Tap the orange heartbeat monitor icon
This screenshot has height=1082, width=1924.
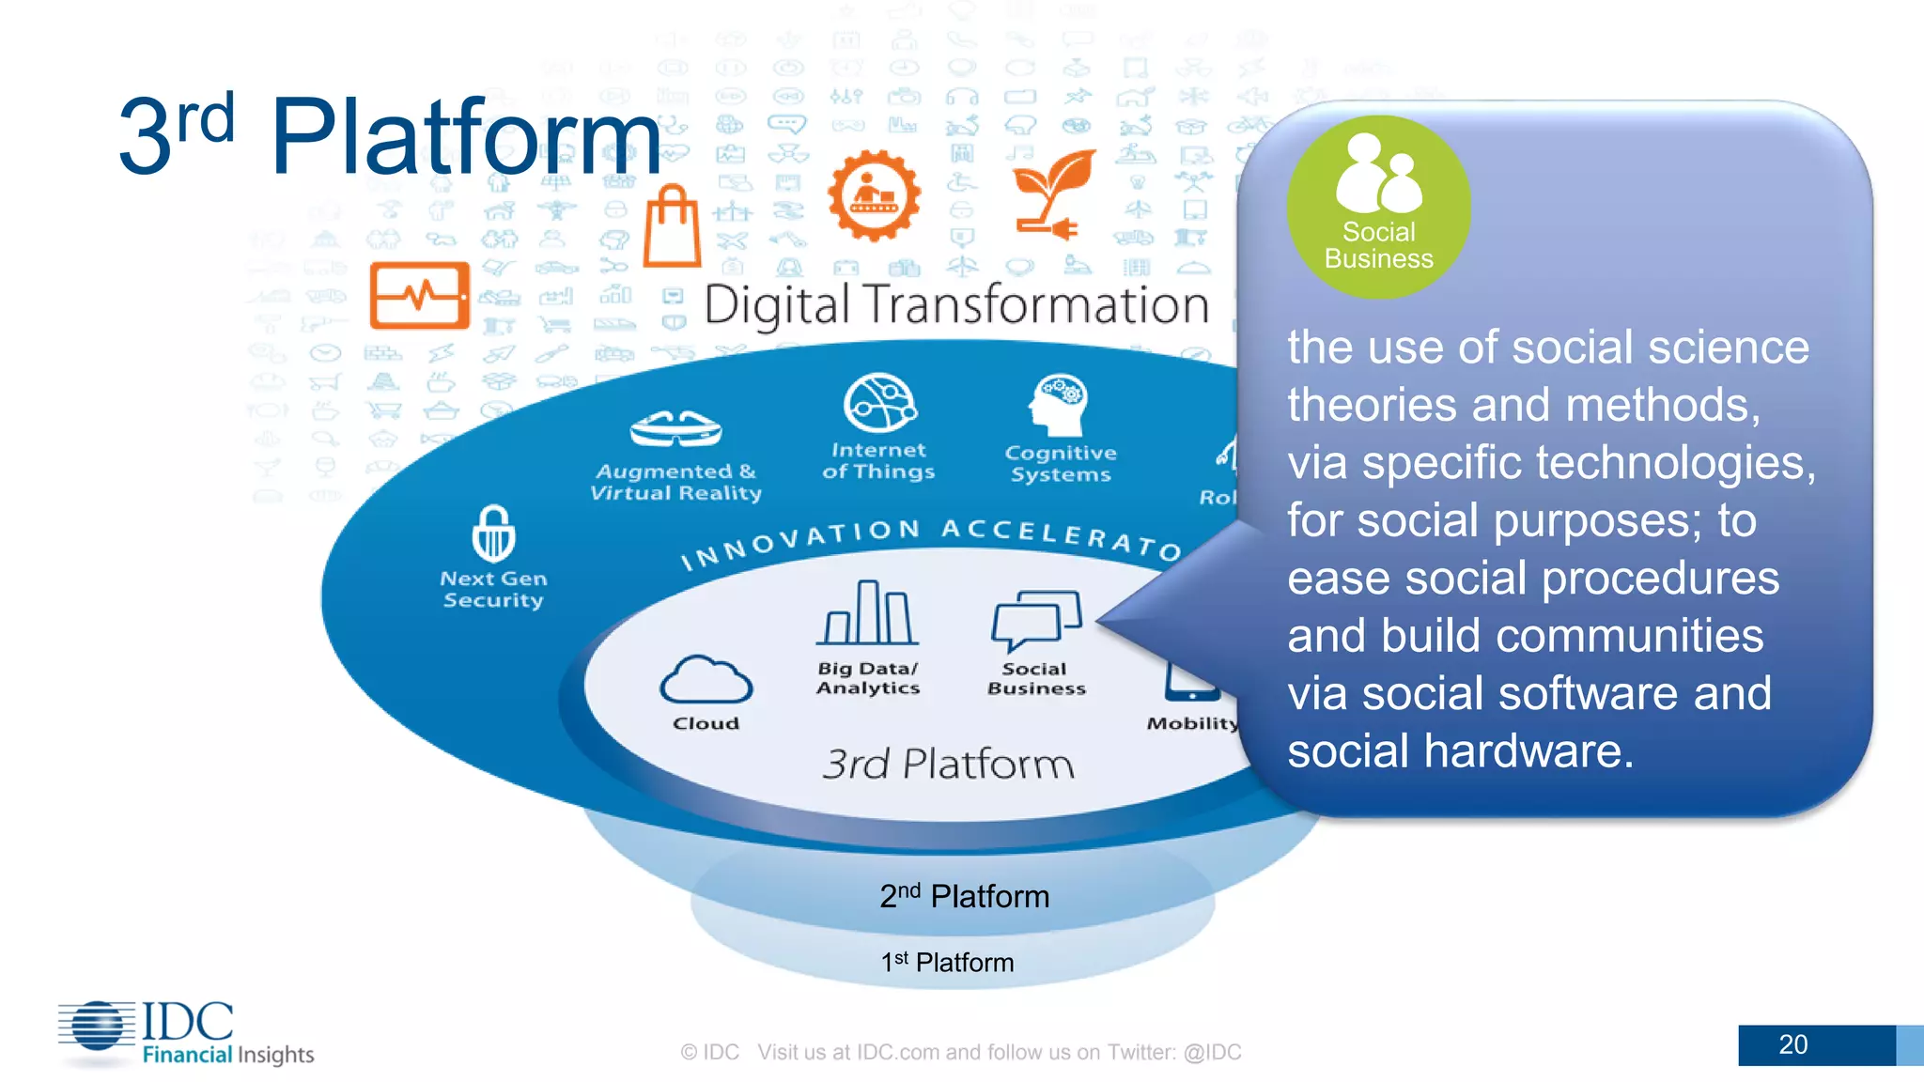tap(420, 295)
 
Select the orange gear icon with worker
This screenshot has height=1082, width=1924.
tap(874, 195)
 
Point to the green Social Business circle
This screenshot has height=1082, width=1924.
tap(1378, 207)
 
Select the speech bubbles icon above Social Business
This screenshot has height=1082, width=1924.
tap(1036, 620)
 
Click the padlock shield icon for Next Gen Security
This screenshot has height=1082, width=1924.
tap(493, 534)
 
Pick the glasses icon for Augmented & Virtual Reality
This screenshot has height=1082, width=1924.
tap(675, 429)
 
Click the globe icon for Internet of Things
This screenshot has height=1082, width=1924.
tap(880, 403)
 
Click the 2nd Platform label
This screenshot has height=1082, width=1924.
tap(964, 896)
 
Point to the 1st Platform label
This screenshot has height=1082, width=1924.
tap(947, 963)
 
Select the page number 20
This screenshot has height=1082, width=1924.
tap(1792, 1044)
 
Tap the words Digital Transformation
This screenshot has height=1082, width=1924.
tap(956, 305)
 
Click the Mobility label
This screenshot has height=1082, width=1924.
tap(1191, 723)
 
